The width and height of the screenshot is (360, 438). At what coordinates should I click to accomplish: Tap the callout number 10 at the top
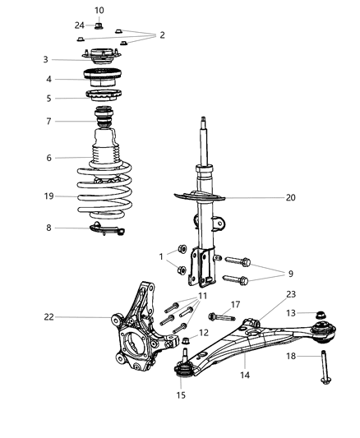tap(99, 11)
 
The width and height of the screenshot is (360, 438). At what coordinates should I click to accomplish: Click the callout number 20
tap(267, 197)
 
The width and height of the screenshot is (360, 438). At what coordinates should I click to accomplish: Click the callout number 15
tap(180, 394)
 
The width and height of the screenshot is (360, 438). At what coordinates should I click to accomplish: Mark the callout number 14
tap(243, 375)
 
